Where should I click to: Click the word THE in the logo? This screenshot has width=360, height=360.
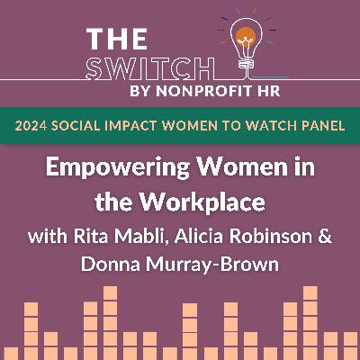117,39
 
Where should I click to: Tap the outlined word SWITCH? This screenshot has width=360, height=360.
150,68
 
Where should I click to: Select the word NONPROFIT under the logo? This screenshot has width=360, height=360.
205,91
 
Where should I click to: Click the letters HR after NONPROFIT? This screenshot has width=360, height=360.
270,91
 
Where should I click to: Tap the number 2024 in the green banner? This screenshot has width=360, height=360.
31,126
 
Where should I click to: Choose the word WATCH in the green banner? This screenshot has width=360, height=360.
269,126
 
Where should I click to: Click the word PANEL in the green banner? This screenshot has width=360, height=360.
321,126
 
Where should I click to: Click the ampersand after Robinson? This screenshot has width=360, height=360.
325,237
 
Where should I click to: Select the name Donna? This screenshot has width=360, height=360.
111,265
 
